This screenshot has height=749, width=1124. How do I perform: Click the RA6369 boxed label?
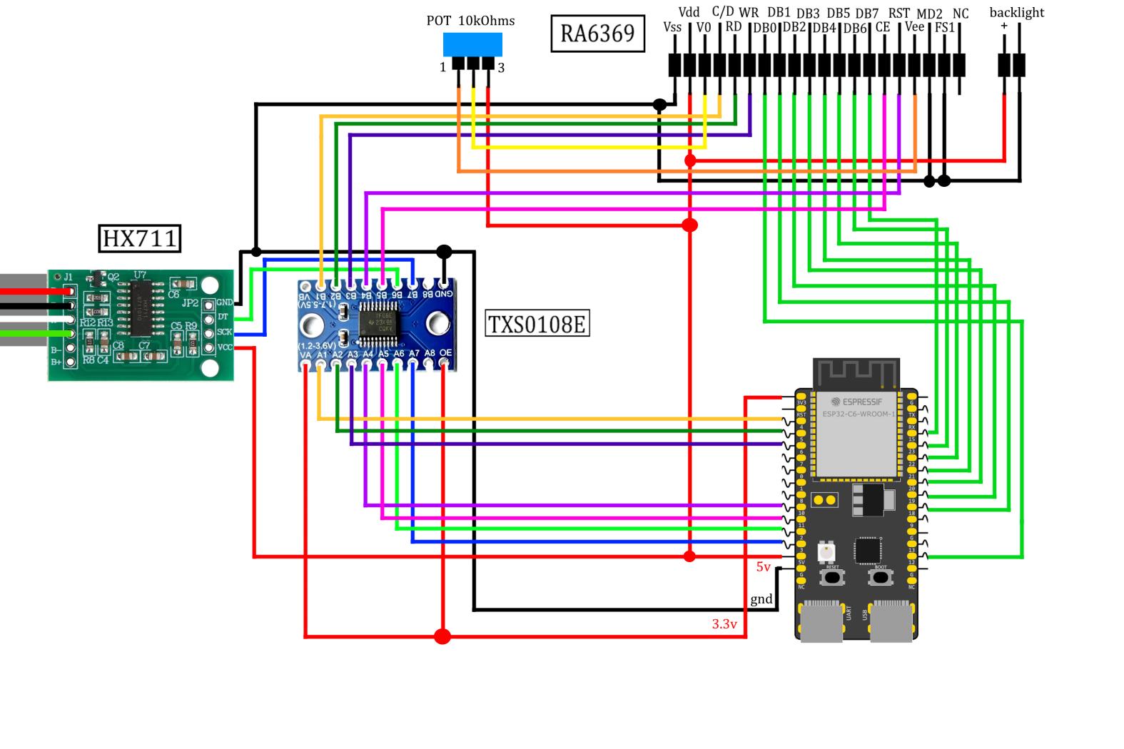597,33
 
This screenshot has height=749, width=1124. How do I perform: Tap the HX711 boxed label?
139,238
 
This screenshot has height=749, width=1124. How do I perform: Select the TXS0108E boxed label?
537,324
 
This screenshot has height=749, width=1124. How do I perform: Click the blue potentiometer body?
472,44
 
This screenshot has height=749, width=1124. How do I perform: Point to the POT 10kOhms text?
470,21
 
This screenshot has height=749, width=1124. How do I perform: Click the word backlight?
1016,12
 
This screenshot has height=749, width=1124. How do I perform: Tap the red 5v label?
764,567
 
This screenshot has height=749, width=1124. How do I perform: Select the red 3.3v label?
724,624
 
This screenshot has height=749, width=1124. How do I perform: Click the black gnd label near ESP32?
761,599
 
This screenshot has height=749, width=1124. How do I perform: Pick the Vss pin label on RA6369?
672,27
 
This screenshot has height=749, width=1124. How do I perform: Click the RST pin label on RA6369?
898,13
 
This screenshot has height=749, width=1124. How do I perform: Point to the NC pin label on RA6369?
961,14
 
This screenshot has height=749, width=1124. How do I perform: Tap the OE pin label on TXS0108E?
445,353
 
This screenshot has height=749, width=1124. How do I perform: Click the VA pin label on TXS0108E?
305,353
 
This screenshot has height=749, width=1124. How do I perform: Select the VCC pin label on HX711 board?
225,347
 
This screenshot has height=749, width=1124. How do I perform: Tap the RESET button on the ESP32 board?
832,576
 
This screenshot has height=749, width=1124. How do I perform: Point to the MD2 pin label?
929,14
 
